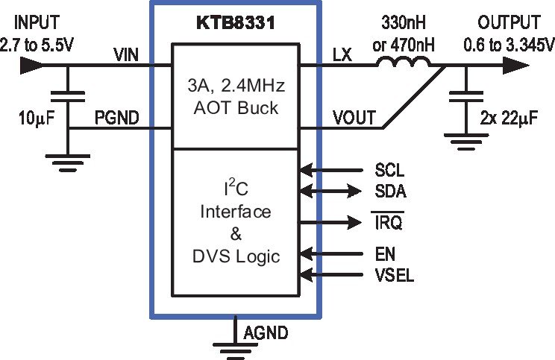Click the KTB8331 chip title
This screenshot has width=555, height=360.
236,23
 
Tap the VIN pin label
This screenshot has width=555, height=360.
126,55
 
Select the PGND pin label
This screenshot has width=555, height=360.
117,118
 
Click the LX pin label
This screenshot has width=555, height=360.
342,55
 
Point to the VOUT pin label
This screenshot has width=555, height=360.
354,118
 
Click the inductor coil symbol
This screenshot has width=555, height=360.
404,63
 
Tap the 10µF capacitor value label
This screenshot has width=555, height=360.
37,118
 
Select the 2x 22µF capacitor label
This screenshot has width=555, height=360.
509,118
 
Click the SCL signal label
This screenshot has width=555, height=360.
389,170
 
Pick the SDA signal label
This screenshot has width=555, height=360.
391,192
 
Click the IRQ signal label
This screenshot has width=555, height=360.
389,221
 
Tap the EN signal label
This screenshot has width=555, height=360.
385,254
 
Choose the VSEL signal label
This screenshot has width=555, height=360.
395,275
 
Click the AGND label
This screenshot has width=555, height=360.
266,332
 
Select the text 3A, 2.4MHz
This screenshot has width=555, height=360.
236,85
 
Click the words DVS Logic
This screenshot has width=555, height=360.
236,256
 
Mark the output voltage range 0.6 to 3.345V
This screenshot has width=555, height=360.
509,45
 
